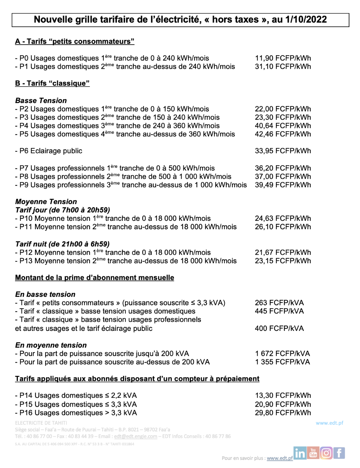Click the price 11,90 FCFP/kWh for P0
[283, 58]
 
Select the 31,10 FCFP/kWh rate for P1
[283, 67]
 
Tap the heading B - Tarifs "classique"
[52, 83]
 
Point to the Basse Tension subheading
[41, 101]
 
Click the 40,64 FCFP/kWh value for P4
[283, 126]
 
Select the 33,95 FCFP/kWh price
[283, 151]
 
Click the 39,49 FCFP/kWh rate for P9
[283, 185]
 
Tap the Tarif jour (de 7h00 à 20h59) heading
[62, 210]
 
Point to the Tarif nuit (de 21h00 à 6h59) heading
[62, 244]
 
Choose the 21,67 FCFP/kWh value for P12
[283, 253]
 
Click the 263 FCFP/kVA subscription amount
[279, 303]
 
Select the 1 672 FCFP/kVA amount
[283, 354]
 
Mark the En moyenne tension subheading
[51, 345]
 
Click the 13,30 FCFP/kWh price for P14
[283, 396]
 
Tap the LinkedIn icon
[300, 453]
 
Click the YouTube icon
[313, 453]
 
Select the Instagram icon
[326, 453]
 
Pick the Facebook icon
[339, 453]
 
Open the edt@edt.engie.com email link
[136, 436]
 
